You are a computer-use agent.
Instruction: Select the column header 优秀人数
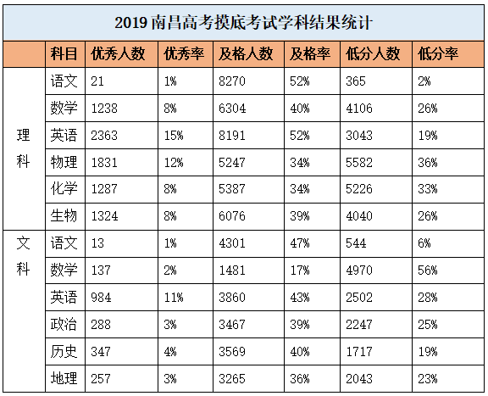coord(118,54)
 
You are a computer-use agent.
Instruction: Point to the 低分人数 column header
coord(373,54)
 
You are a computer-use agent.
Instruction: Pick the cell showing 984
coord(101,297)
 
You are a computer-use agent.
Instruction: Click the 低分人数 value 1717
coord(359,351)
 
